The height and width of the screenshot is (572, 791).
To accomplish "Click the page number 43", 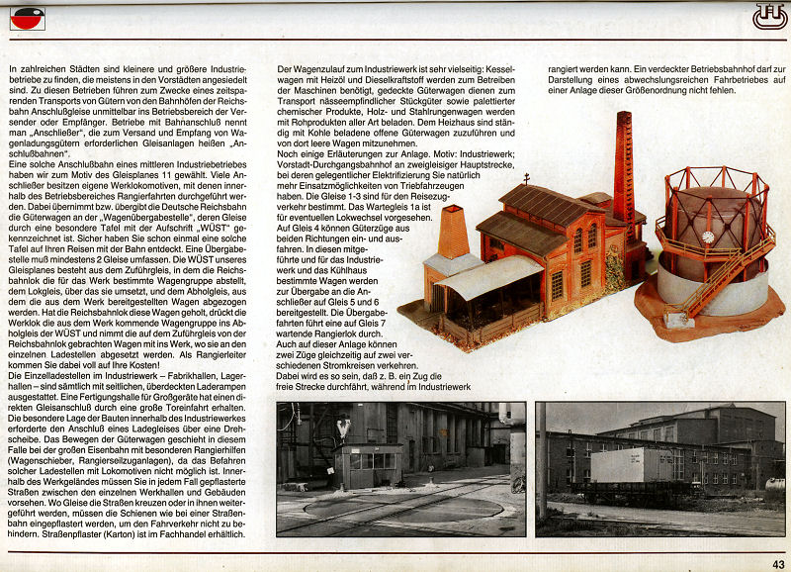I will [x=778, y=564].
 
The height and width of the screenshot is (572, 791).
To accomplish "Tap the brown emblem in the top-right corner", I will [x=767, y=15].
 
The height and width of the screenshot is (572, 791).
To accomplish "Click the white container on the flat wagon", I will [x=641, y=464].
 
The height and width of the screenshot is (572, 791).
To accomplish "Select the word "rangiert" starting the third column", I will [x=568, y=68].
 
